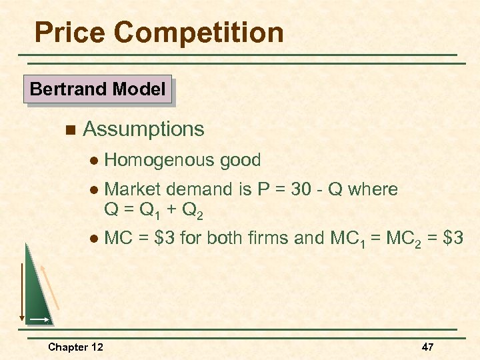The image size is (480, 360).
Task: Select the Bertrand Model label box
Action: click(97, 89)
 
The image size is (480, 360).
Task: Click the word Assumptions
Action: click(143, 129)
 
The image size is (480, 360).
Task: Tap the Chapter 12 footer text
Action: click(75, 347)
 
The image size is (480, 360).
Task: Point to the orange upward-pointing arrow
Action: click(51, 287)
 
